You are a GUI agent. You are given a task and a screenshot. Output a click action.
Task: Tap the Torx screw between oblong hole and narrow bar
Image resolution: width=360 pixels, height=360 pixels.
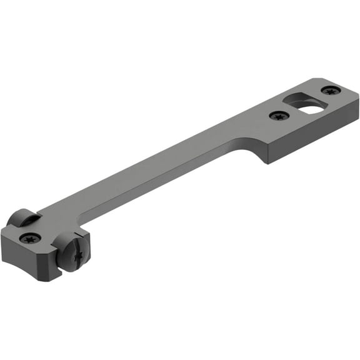[x=279, y=116]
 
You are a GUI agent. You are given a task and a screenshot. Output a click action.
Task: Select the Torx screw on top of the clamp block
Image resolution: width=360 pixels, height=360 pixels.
[x=30, y=237]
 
